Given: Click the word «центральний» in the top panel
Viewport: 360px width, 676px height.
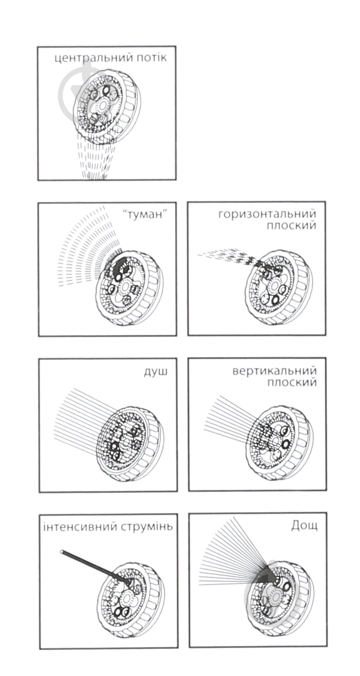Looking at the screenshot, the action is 93,58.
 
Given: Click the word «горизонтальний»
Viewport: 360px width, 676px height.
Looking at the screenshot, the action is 267,215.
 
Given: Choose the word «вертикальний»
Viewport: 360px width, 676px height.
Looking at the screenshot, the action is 274,371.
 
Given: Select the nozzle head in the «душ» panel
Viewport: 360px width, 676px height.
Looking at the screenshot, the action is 130,445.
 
